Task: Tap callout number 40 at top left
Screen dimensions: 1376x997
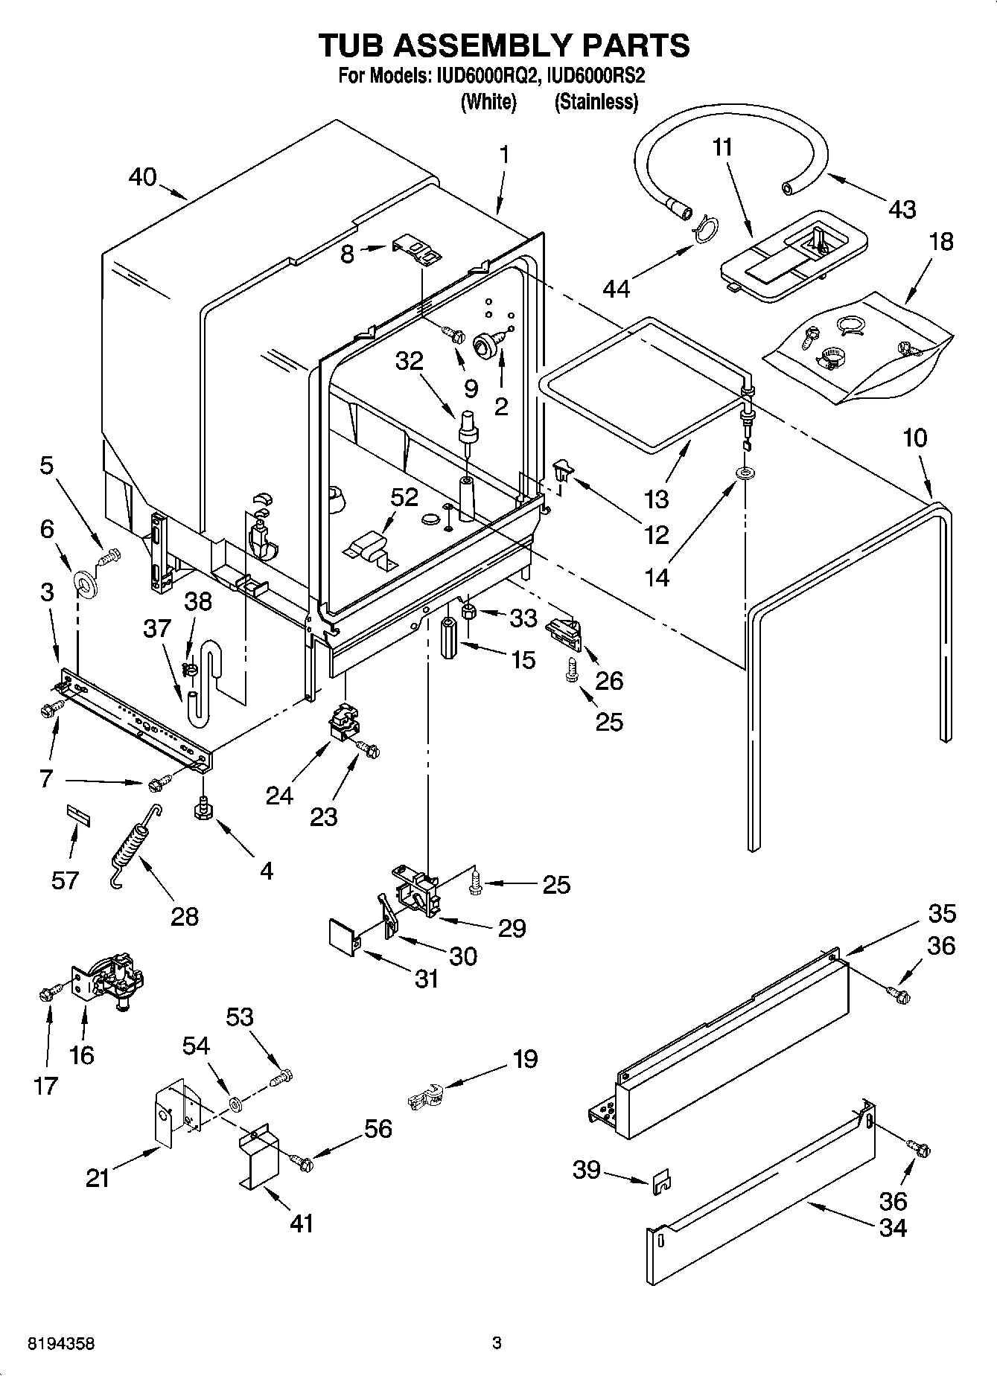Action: [x=142, y=177]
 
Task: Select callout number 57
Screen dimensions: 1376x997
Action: [x=65, y=880]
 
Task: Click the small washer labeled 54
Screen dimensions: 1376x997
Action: [x=235, y=1101]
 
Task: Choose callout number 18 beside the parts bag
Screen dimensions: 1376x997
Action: [x=941, y=241]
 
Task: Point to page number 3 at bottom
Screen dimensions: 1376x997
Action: [x=497, y=1343]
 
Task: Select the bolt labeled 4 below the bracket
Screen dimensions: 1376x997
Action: [x=202, y=809]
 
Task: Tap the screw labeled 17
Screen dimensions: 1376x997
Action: [x=46, y=992]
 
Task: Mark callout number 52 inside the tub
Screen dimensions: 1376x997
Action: [x=404, y=497]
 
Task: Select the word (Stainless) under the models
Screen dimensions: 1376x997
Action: [x=596, y=103]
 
